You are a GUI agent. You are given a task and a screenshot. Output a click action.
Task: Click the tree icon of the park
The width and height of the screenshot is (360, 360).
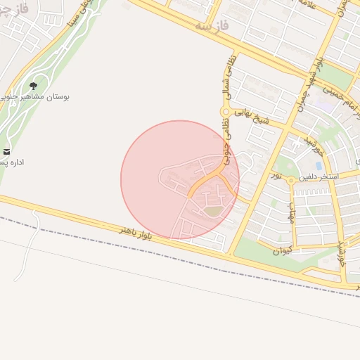tap(33, 86)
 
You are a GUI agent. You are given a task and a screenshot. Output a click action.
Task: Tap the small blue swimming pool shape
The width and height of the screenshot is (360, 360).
tap(319, 165)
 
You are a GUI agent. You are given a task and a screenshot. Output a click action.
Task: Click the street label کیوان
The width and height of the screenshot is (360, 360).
tap(281, 250)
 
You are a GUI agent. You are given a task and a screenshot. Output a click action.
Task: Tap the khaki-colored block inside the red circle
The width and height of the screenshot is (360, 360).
tap(212, 210)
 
